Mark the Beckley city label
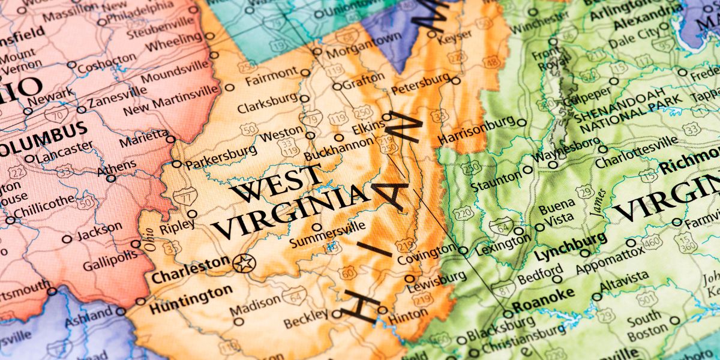pyautogui.click(x=305, y=322)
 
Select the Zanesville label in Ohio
pyautogui.click(x=117, y=99)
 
